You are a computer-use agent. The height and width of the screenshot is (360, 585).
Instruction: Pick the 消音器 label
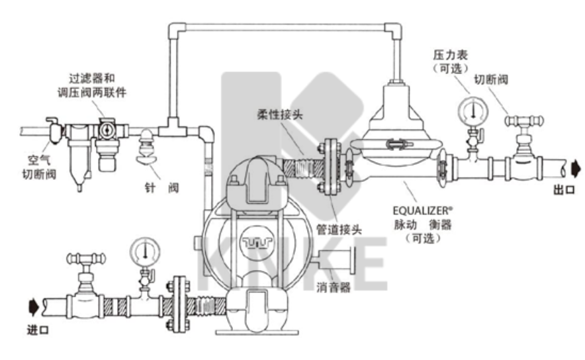[x=336, y=288]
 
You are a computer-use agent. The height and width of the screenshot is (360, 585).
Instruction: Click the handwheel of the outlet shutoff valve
[x=524, y=122]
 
